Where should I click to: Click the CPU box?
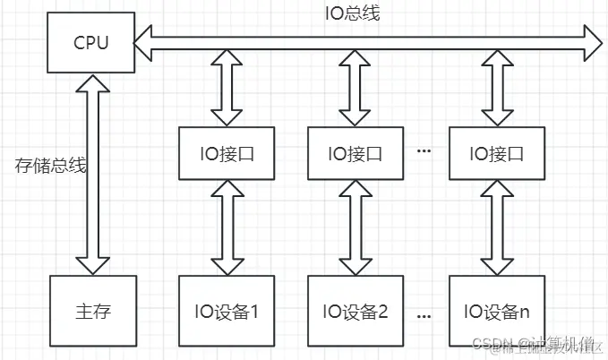[90, 42]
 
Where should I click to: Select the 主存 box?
[93, 312]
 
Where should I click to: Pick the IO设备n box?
[495, 312]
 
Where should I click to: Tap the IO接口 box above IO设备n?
[495, 154]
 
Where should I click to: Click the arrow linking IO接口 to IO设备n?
[495, 232]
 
